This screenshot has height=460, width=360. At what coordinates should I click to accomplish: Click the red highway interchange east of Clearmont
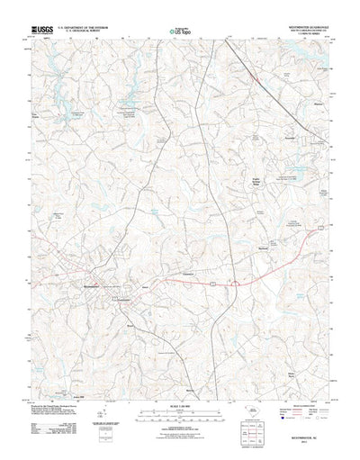pos(232,286)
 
